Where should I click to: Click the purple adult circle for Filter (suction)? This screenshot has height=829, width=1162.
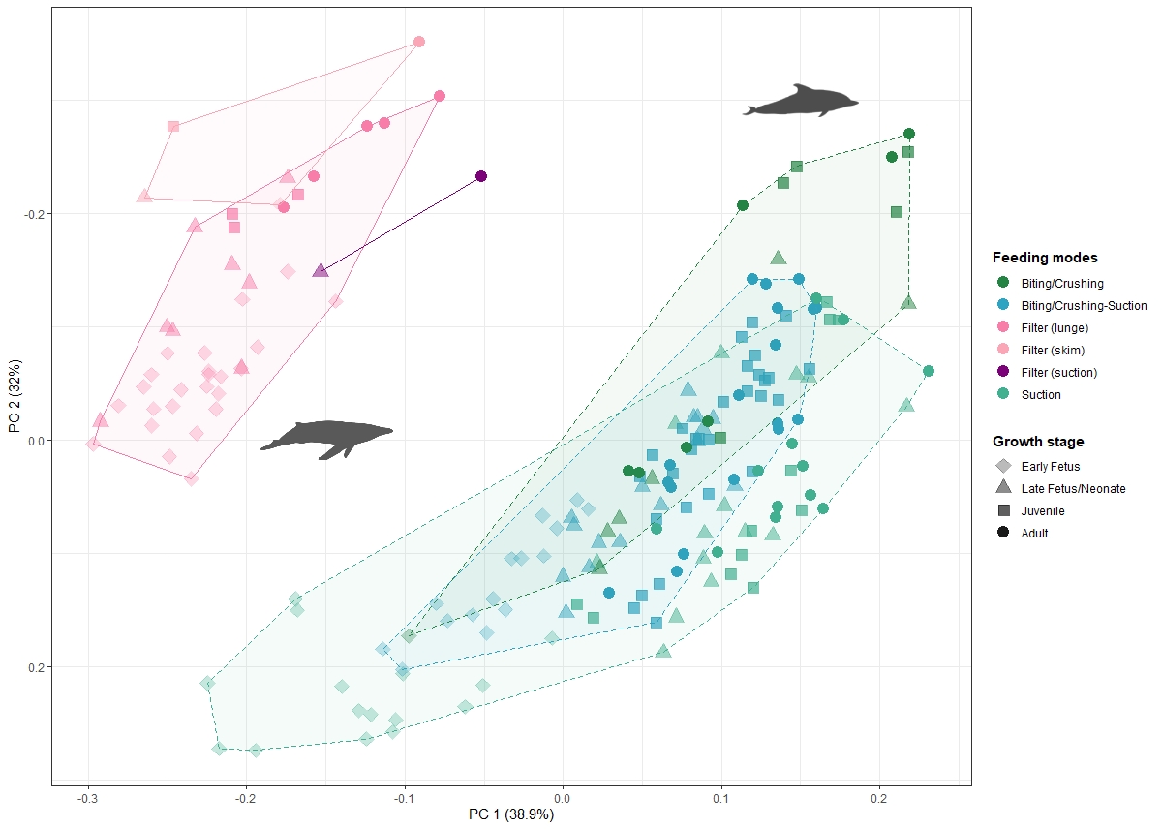[x=481, y=176]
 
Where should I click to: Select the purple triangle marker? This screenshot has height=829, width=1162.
[x=321, y=270]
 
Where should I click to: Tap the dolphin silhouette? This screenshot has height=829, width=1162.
[x=800, y=101]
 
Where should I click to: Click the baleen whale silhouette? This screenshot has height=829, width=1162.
[x=325, y=438]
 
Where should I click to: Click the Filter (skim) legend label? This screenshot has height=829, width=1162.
[x=1053, y=351]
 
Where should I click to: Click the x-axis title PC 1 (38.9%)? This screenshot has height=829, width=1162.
[x=510, y=814]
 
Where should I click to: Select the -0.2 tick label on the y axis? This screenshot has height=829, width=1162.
[x=32, y=214]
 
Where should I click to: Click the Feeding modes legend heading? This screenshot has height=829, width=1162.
[x=1045, y=258]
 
